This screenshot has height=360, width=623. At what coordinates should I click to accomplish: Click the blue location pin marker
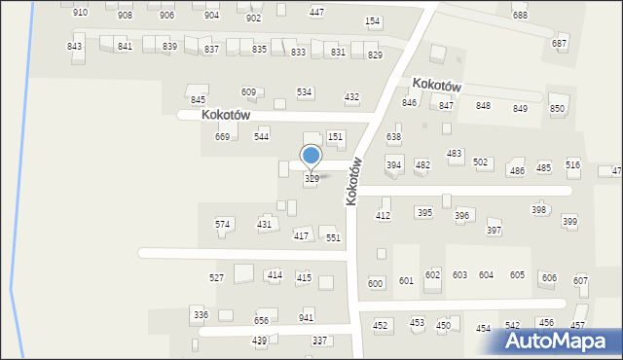(311, 157)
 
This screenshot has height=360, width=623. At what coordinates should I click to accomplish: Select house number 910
(80, 13)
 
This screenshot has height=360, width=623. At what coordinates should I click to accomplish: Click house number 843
(75, 47)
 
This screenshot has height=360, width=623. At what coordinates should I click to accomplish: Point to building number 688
(520, 16)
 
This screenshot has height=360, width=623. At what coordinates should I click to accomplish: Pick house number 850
(557, 109)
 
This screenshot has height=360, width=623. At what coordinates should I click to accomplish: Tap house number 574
(223, 225)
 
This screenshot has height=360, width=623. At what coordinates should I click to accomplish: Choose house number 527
(217, 277)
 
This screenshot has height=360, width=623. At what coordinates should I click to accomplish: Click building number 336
(201, 315)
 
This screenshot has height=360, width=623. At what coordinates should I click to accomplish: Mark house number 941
(307, 318)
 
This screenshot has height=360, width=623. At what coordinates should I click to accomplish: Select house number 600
(375, 282)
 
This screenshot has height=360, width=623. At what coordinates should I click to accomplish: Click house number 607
(581, 281)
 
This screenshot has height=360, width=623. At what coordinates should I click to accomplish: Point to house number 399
(569, 222)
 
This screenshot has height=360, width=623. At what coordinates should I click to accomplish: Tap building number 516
(572, 165)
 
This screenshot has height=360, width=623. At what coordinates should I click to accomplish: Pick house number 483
(454, 154)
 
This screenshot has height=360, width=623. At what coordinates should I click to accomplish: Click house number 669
(222, 137)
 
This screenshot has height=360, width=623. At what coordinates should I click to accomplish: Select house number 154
(372, 21)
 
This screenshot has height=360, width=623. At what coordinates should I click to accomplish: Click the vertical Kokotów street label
(354, 181)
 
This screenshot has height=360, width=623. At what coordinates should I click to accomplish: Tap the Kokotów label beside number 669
(227, 115)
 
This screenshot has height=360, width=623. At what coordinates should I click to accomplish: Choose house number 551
(333, 237)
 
